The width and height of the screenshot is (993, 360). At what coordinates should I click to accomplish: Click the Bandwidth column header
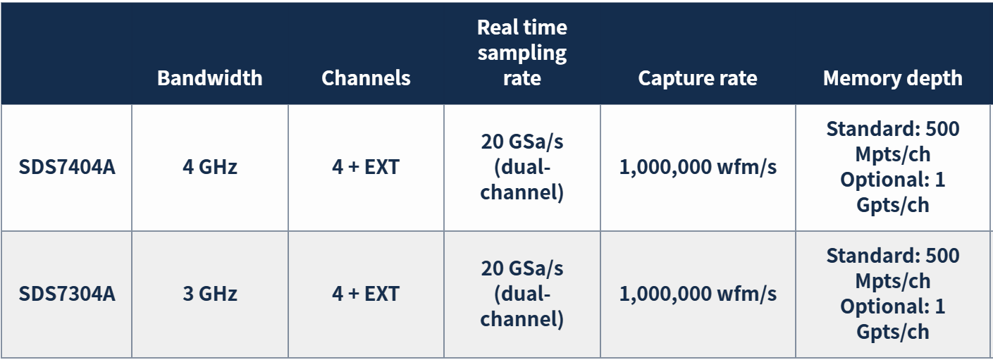click(210, 78)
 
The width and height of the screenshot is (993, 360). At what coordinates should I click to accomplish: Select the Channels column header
click(366, 78)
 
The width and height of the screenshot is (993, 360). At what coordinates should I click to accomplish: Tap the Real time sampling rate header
click(522, 53)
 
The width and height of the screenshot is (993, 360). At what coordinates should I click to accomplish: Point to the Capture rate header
click(698, 78)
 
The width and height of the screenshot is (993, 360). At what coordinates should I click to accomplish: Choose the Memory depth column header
click(893, 78)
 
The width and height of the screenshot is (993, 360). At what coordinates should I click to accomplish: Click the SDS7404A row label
click(67, 167)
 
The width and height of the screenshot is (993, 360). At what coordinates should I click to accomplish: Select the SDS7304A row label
click(67, 294)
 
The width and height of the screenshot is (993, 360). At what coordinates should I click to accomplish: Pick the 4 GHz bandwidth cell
click(210, 167)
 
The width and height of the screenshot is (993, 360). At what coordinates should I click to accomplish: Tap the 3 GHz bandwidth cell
click(210, 294)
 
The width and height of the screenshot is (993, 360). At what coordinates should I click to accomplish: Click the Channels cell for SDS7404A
click(366, 167)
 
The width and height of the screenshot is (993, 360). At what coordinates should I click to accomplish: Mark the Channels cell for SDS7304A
click(366, 294)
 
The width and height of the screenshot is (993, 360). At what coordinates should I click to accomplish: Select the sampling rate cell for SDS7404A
click(522, 167)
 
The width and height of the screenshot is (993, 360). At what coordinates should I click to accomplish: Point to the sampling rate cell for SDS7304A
click(522, 294)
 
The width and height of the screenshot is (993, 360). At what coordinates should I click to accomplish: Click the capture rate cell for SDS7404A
click(698, 167)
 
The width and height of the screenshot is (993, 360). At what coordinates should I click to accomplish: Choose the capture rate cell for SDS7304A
click(698, 294)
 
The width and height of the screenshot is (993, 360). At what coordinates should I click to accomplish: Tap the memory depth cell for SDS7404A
click(893, 167)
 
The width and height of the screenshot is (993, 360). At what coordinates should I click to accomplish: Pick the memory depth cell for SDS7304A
click(893, 294)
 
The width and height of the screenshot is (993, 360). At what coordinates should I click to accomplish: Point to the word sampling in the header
click(522, 54)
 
